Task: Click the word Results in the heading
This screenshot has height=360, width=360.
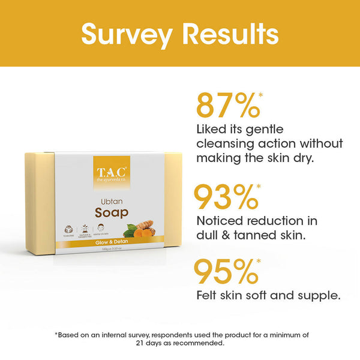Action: tap(232, 34)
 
